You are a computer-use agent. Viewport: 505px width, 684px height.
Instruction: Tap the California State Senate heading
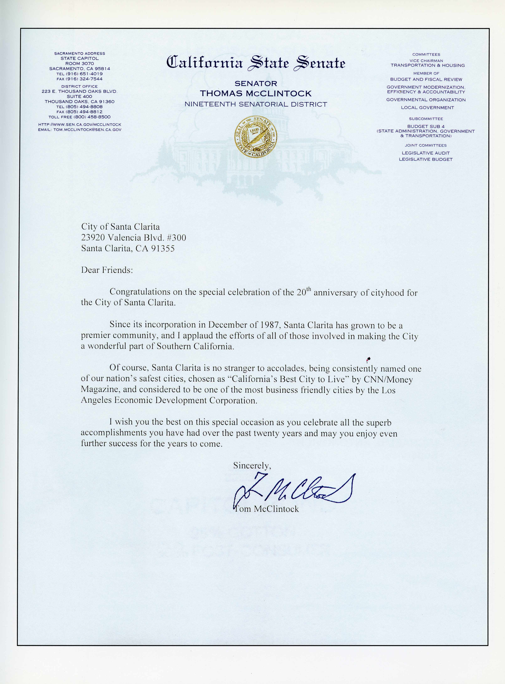coord(256,63)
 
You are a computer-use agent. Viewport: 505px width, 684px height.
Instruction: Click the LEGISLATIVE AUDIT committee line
coord(425,153)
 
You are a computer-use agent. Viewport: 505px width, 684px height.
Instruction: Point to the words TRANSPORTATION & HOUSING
coord(427,65)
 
